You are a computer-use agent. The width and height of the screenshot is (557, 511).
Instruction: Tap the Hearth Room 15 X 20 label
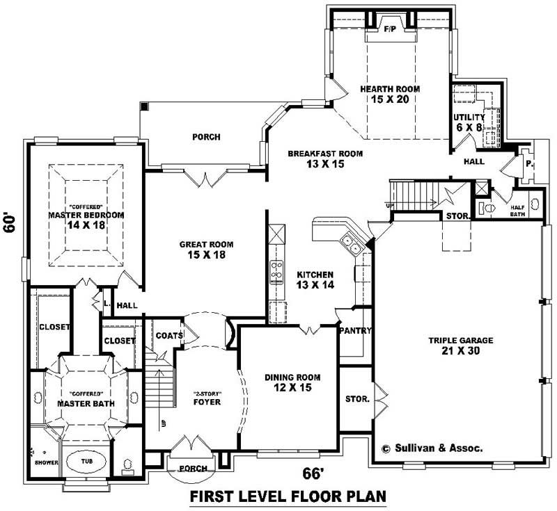click(389, 95)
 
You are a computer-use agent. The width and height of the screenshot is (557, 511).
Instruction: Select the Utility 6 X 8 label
click(468, 122)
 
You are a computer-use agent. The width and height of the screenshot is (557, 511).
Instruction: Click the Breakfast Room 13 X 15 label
click(315, 158)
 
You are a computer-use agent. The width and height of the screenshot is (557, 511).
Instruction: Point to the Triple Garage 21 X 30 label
click(460, 346)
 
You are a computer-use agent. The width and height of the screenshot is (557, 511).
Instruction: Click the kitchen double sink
click(350, 244)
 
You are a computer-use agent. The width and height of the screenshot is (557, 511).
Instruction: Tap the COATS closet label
click(169, 336)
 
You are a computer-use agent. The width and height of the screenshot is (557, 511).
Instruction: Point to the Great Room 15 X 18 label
click(206, 250)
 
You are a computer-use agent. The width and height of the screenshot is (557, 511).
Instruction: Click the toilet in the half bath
click(487, 207)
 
